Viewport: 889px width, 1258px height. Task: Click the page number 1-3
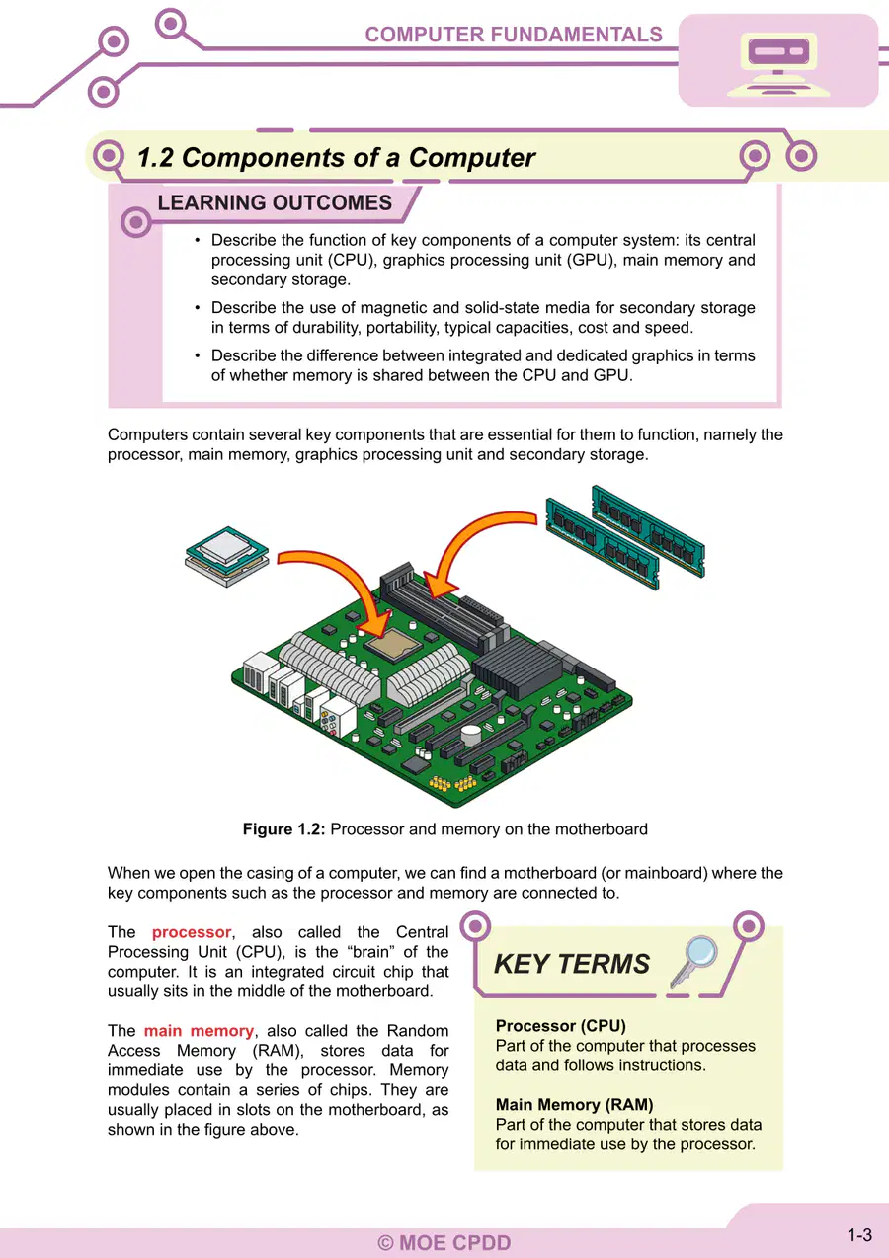(x=859, y=1235)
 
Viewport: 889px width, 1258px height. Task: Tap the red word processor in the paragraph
(x=191, y=932)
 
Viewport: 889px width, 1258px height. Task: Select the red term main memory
(x=199, y=1031)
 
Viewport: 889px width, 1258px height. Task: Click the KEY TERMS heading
(x=572, y=964)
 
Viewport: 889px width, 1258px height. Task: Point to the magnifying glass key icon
(x=693, y=962)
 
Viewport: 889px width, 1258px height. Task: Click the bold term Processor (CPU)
(x=560, y=1026)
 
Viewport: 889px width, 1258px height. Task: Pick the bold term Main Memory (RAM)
(x=574, y=1105)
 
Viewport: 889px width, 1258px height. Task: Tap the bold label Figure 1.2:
(x=283, y=829)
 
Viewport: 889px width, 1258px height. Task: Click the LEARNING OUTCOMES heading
(x=275, y=202)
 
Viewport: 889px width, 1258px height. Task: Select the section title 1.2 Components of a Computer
(x=336, y=157)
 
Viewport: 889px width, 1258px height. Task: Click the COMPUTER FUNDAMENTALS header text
(x=514, y=35)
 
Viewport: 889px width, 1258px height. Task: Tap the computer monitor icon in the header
(x=777, y=64)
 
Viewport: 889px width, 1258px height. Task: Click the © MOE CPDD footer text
(x=444, y=1242)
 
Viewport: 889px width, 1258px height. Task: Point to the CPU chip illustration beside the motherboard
(x=226, y=556)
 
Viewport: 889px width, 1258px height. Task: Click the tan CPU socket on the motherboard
(x=392, y=644)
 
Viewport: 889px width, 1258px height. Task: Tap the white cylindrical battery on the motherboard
(x=471, y=735)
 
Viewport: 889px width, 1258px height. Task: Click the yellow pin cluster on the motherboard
(x=452, y=782)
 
